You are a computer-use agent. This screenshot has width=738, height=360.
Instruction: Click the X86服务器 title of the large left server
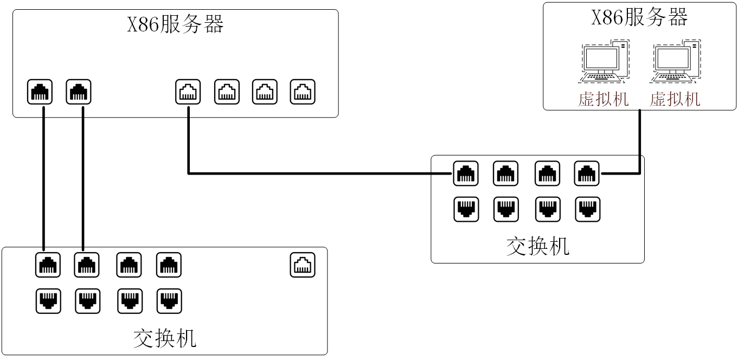(175, 25)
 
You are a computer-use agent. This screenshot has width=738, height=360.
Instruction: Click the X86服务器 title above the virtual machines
(639, 18)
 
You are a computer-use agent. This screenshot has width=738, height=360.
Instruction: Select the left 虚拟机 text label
(603, 99)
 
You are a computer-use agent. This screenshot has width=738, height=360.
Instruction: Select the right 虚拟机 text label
(675, 99)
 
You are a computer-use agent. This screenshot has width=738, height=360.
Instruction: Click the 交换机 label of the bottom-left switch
(165, 338)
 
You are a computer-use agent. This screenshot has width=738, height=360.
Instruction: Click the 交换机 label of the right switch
(537, 246)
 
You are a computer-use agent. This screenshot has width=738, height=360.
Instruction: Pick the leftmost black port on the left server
(40, 92)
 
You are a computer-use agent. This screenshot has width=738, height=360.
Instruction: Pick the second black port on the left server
(79, 92)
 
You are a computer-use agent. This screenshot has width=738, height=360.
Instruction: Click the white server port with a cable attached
(188, 92)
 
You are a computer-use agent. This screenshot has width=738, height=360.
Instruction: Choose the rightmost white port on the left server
(302, 92)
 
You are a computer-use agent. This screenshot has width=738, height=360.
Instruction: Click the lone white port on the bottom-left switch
(302, 265)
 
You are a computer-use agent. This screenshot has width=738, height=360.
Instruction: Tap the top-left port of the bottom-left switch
(48, 265)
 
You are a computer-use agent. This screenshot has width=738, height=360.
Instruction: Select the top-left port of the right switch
(466, 173)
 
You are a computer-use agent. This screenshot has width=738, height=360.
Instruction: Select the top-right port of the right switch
(587, 173)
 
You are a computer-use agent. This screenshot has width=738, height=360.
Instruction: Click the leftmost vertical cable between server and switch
(43, 179)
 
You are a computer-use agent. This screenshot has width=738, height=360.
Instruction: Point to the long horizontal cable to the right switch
(320, 173)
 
